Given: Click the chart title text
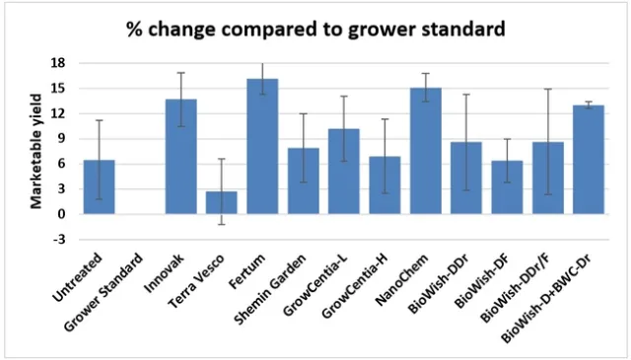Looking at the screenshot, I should pos(315,29).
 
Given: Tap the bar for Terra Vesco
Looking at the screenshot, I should pos(221,202).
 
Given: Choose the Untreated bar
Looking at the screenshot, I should pos(99,186).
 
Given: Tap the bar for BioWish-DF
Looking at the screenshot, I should pos(506,186).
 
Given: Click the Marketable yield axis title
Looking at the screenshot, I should pos(36,150).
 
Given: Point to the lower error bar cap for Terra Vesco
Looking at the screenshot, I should pos(221,225).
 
